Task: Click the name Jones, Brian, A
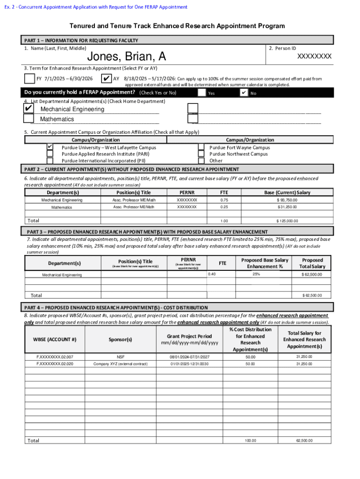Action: [127, 57]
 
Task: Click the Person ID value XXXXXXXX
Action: [315, 56]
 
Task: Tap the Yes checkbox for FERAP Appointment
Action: [202, 93]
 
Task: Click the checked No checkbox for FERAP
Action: [244, 93]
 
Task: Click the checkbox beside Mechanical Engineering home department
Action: [29, 109]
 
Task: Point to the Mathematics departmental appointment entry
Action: [57, 119]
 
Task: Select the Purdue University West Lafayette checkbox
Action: [50, 147]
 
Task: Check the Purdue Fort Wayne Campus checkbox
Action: [201, 147]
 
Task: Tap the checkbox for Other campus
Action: [201, 160]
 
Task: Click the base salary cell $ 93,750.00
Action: [287, 200]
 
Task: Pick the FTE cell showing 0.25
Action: [224, 207]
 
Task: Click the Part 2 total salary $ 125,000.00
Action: [287, 221]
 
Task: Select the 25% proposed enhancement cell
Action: [256, 274]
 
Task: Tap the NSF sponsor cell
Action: [120, 357]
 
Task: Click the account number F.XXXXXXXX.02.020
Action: [55, 363]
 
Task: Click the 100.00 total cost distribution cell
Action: [250, 441]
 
